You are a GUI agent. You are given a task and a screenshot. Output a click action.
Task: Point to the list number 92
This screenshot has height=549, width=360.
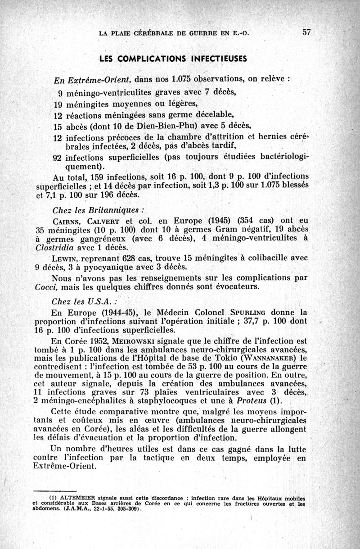[x=58, y=158]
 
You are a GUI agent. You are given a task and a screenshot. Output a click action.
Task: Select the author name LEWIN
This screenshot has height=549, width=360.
[x=65, y=258]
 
